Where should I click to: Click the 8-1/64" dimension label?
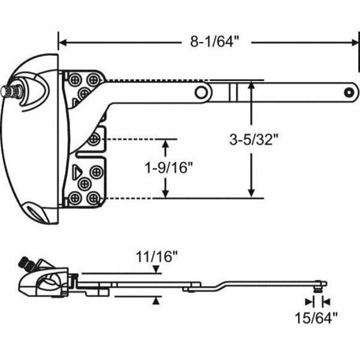tap(210, 42)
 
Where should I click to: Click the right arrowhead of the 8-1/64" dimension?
tap(353, 42)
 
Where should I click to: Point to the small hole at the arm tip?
tap(348, 92)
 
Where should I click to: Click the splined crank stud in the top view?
tap(11, 91)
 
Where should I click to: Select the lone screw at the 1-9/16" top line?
tap(93, 140)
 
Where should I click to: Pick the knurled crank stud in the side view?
tap(26, 263)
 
